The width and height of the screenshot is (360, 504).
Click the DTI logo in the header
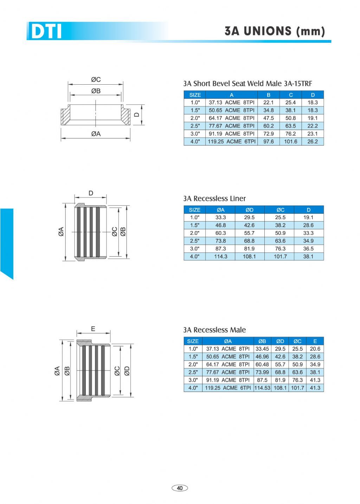pos(46,31)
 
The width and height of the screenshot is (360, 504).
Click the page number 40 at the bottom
pos(180,488)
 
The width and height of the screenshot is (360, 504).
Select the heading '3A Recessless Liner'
pos(214,198)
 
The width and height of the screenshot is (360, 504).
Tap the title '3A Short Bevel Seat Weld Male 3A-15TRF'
pos(247,84)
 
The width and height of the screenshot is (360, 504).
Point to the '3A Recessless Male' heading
pos(214,330)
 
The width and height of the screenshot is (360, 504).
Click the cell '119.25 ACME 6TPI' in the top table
pos(232,142)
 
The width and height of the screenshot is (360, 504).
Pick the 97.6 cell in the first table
pos(268,142)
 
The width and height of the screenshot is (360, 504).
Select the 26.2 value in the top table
pos(313,142)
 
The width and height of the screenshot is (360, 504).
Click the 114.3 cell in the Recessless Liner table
pos(220,256)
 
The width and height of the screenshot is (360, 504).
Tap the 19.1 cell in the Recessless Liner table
pos(308,217)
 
